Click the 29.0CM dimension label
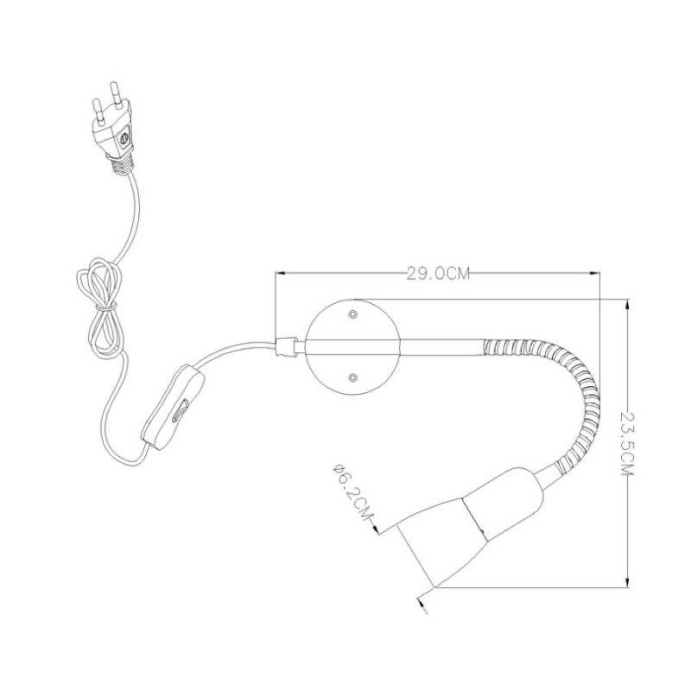click(438, 274)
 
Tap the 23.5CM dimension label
click(626, 443)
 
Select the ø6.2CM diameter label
click(352, 491)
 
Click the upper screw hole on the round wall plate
click(352, 314)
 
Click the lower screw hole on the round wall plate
click(352, 377)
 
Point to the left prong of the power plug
click(98, 111)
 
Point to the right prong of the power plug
click(116, 93)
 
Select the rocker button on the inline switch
click(181, 411)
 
